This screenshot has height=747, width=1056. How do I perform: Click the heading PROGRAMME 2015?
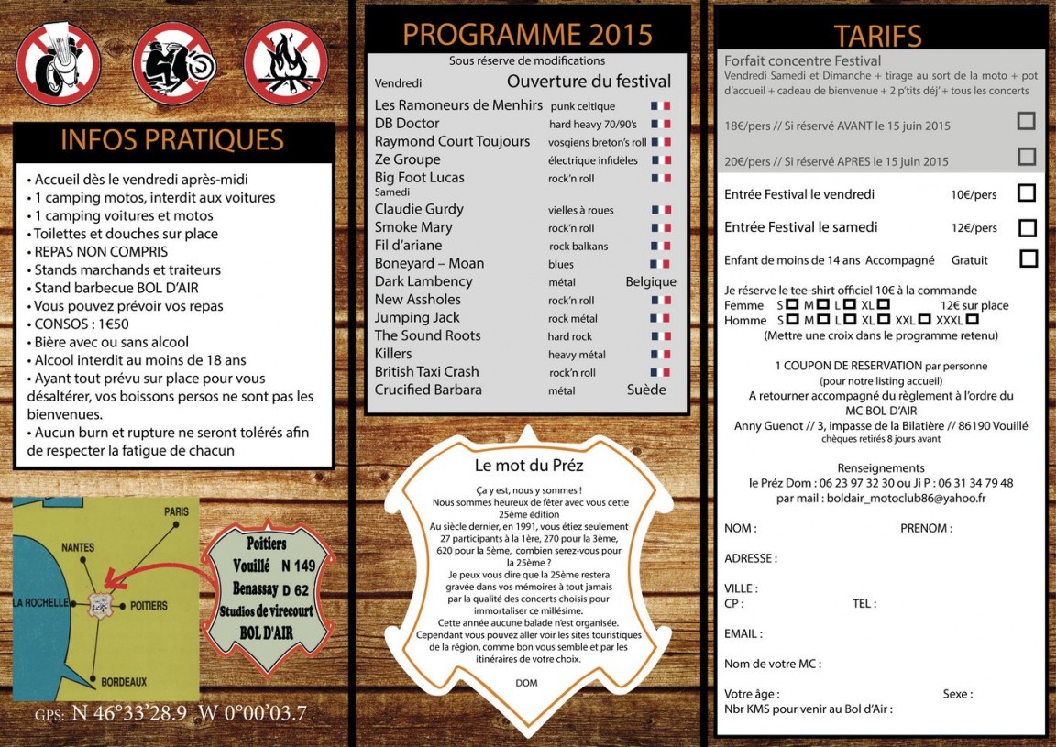click(x=527, y=34)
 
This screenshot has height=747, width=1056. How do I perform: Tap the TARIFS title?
click(x=877, y=36)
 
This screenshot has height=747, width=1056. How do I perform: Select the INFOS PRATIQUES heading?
click(x=172, y=140)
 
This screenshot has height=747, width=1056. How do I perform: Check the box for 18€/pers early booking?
click(x=1027, y=121)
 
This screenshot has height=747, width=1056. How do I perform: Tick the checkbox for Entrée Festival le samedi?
click(x=1027, y=227)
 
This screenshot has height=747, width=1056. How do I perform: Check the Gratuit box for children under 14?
click(x=1028, y=259)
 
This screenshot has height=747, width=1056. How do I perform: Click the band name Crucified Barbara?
click(x=429, y=390)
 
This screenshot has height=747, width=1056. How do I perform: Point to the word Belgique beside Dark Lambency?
click(x=651, y=281)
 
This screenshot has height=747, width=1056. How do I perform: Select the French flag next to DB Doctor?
click(x=660, y=124)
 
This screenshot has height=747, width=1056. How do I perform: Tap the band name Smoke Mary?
click(x=413, y=227)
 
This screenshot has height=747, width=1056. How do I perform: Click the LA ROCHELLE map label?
click(x=41, y=602)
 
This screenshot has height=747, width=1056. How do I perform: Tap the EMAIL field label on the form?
click(x=742, y=633)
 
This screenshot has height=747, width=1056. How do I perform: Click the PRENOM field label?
click(x=926, y=528)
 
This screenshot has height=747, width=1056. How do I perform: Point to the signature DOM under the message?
click(x=526, y=683)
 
